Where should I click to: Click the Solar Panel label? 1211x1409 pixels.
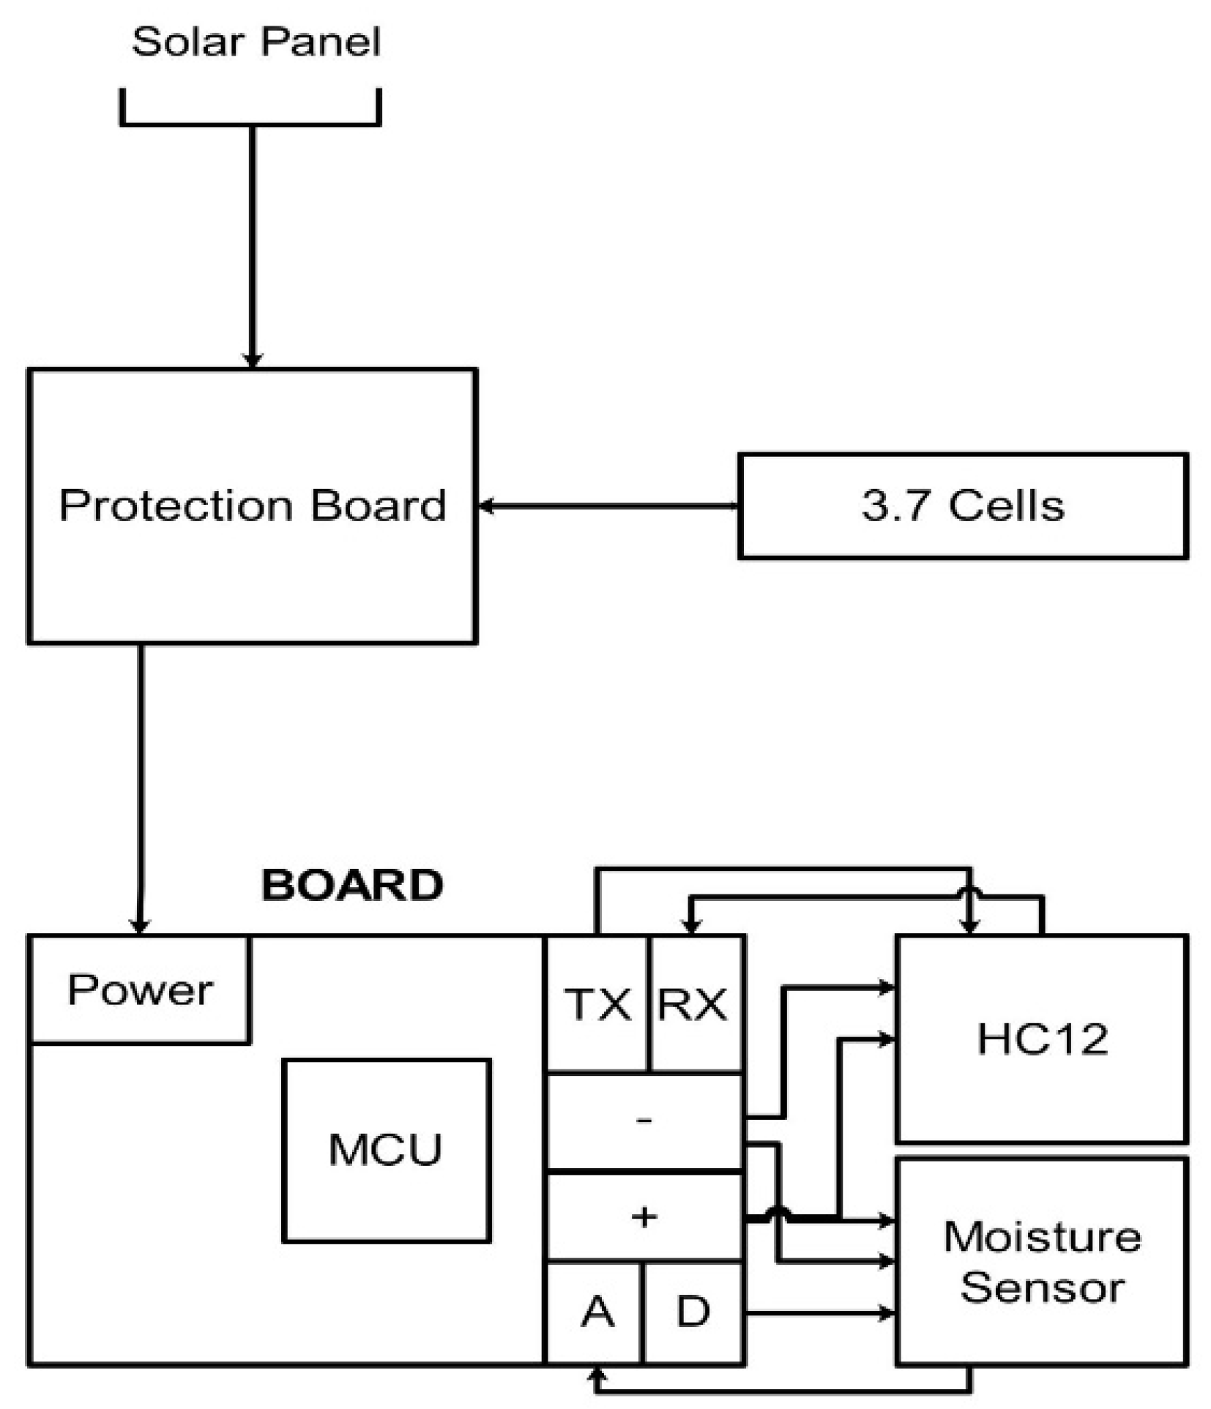[256, 42]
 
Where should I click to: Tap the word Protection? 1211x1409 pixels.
[175, 505]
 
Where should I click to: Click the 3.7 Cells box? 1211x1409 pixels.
[962, 506]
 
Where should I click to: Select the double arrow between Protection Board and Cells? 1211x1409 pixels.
[608, 506]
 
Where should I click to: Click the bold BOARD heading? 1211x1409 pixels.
[352, 885]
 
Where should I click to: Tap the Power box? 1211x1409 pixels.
[140, 990]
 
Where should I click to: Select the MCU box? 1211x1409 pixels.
[386, 1149]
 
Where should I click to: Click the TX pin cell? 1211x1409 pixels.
[597, 1004]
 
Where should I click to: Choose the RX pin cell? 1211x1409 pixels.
[693, 1004]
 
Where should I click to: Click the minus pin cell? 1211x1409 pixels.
[644, 1121]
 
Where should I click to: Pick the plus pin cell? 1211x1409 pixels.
[644, 1217]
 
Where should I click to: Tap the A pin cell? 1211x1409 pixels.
[597, 1312]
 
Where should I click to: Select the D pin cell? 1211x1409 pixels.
[693, 1312]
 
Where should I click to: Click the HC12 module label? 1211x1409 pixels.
[1042, 1038]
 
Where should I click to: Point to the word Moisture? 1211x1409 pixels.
[1042, 1237]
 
